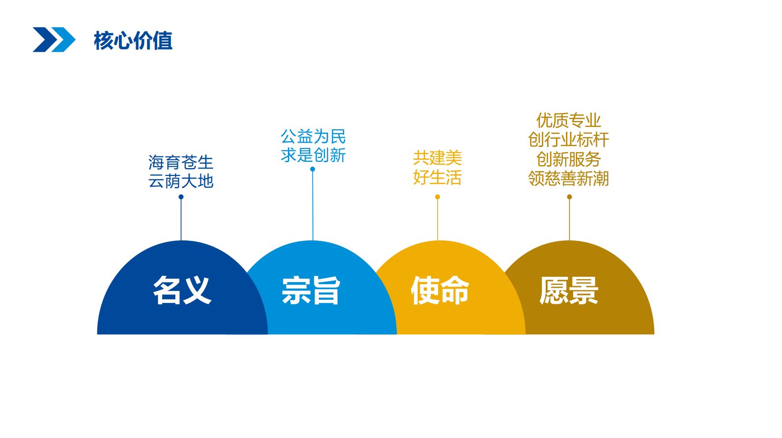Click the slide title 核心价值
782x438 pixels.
click(133, 40)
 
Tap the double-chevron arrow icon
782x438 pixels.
click(54, 39)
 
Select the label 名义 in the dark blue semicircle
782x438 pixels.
click(182, 290)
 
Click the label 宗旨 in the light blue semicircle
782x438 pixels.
click(311, 290)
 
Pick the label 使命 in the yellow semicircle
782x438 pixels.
click(440, 290)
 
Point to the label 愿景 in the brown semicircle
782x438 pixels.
click(569, 290)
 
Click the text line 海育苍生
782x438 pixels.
click(181, 162)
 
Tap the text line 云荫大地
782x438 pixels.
click(181, 181)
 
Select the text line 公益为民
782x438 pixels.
click(313, 136)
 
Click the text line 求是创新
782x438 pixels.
click(313, 155)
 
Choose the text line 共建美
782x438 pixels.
click(438, 158)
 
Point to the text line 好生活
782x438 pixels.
click(438, 177)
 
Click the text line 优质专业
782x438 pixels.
click(569, 120)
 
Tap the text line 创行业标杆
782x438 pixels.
click(569, 140)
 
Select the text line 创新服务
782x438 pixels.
click(569, 159)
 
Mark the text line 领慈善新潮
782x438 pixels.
click(569, 178)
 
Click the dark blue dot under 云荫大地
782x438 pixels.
click(181, 197)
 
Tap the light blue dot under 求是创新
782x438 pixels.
click(312, 169)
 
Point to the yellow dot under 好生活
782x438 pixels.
click(438, 197)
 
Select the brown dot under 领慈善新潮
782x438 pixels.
click(569, 197)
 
